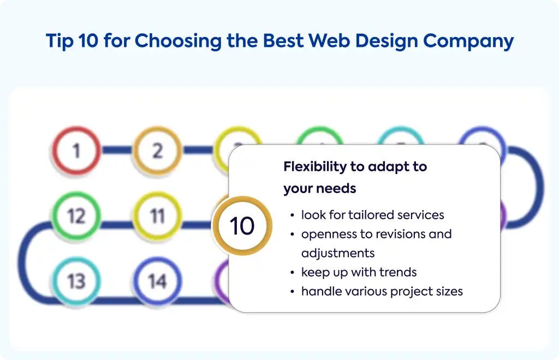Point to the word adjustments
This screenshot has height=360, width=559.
coord(338,253)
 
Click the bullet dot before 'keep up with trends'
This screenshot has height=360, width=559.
coord(293,273)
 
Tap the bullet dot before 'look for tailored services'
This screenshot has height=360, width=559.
coord(293,215)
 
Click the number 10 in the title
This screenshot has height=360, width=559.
coord(88,40)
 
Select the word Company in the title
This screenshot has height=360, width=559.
coord(468,41)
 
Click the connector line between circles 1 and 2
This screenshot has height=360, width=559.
coord(117,150)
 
